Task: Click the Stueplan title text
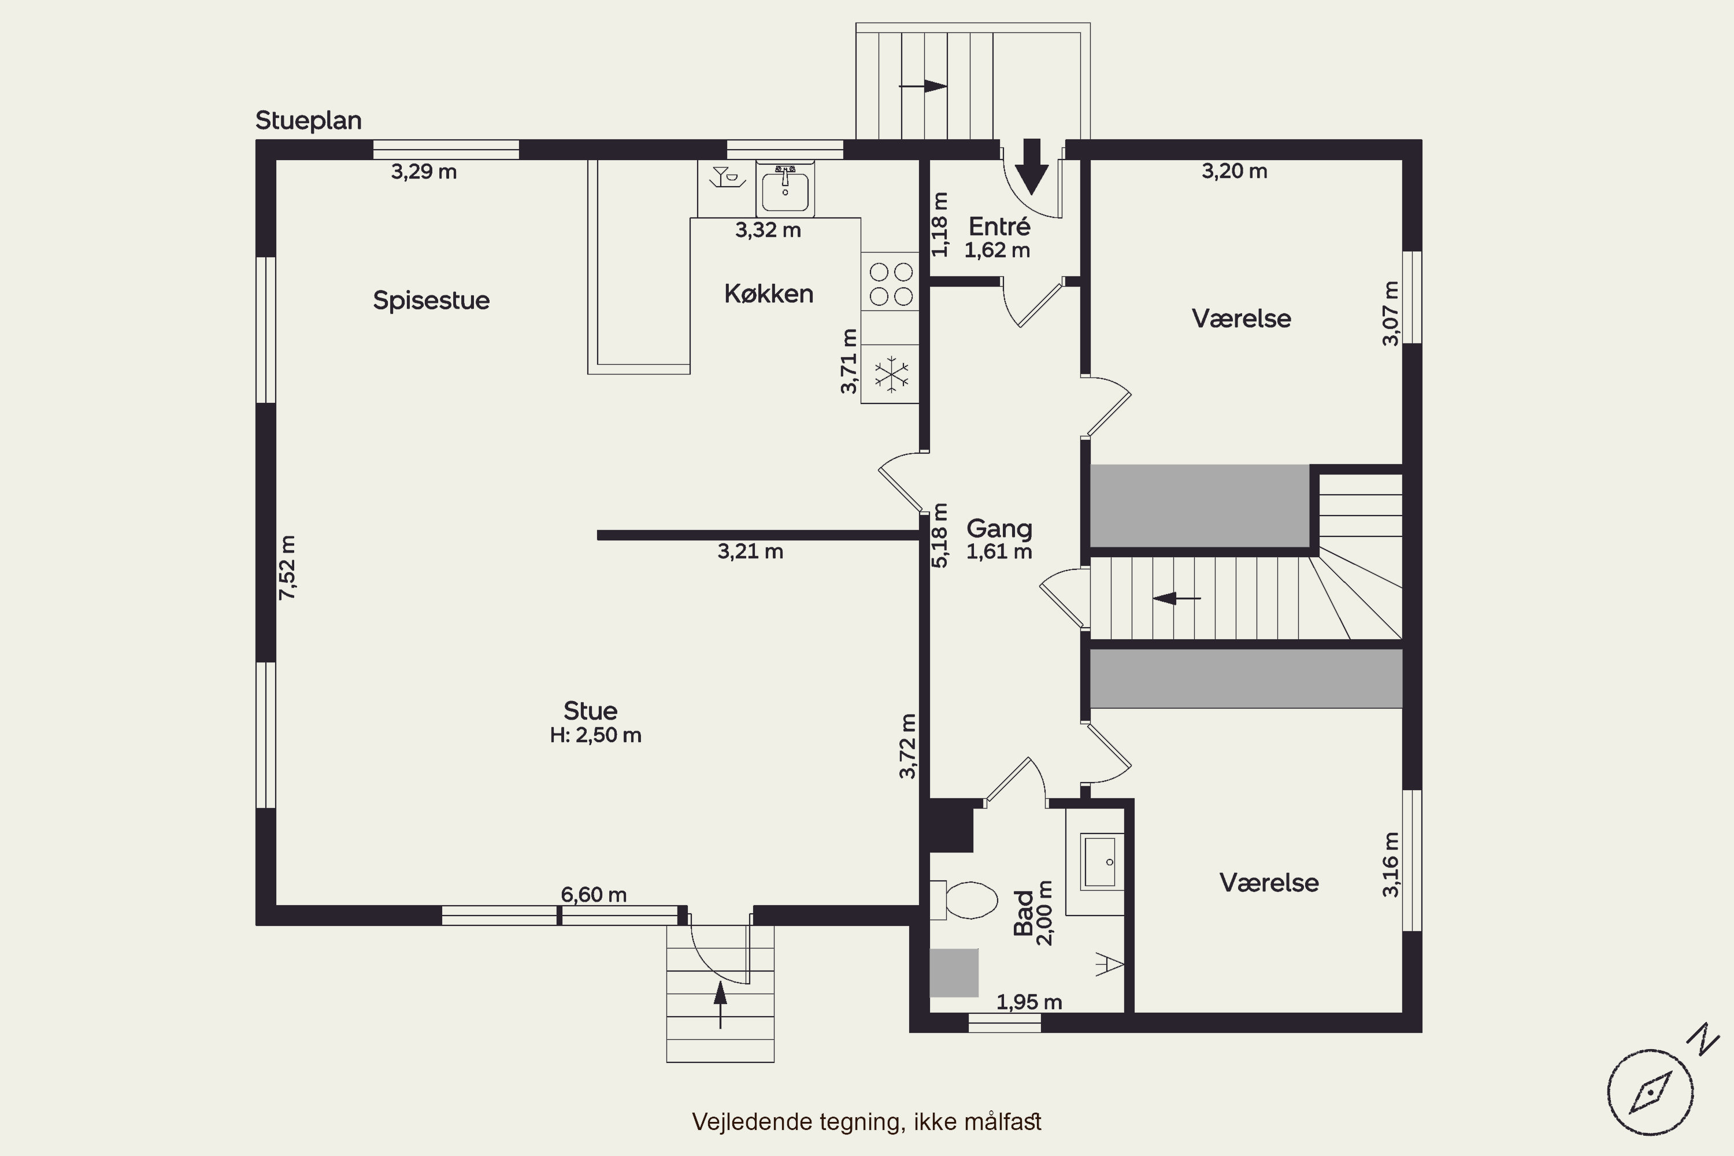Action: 308,121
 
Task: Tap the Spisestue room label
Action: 431,301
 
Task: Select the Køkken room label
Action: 769,294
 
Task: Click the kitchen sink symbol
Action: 785,189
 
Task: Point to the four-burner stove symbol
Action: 891,283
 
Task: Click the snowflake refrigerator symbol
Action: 891,375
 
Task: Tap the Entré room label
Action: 999,227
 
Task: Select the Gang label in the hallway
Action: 999,529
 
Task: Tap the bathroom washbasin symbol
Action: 1102,862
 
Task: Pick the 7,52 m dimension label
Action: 287,568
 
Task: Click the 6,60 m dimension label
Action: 594,895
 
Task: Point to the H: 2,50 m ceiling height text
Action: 596,736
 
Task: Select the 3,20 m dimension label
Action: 1235,171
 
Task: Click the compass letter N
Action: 1704,1039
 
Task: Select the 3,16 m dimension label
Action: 1391,865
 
